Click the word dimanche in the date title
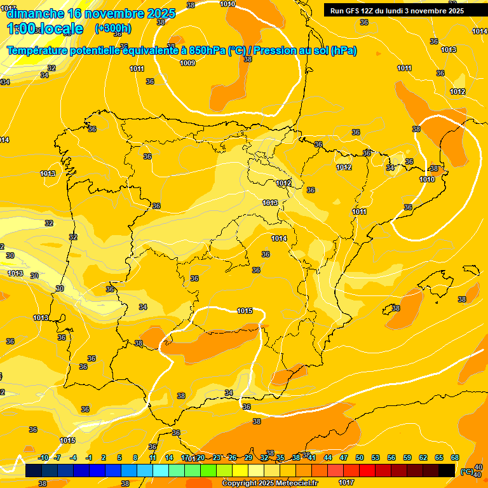(x=34, y=13)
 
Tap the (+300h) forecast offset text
(x=112, y=28)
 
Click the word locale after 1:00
(x=60, y=29)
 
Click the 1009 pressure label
(x=187, y=63)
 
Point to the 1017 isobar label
(x=347, y=482)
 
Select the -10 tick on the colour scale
(x=43, y=458)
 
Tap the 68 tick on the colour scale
(x=455, y=458)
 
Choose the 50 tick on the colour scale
(x=360, y=458)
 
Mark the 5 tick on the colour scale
(x=120, y=458)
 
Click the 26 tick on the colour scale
(x=233, y=458)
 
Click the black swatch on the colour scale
(x=447, y=470)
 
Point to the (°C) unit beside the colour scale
(x=467, y=471)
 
